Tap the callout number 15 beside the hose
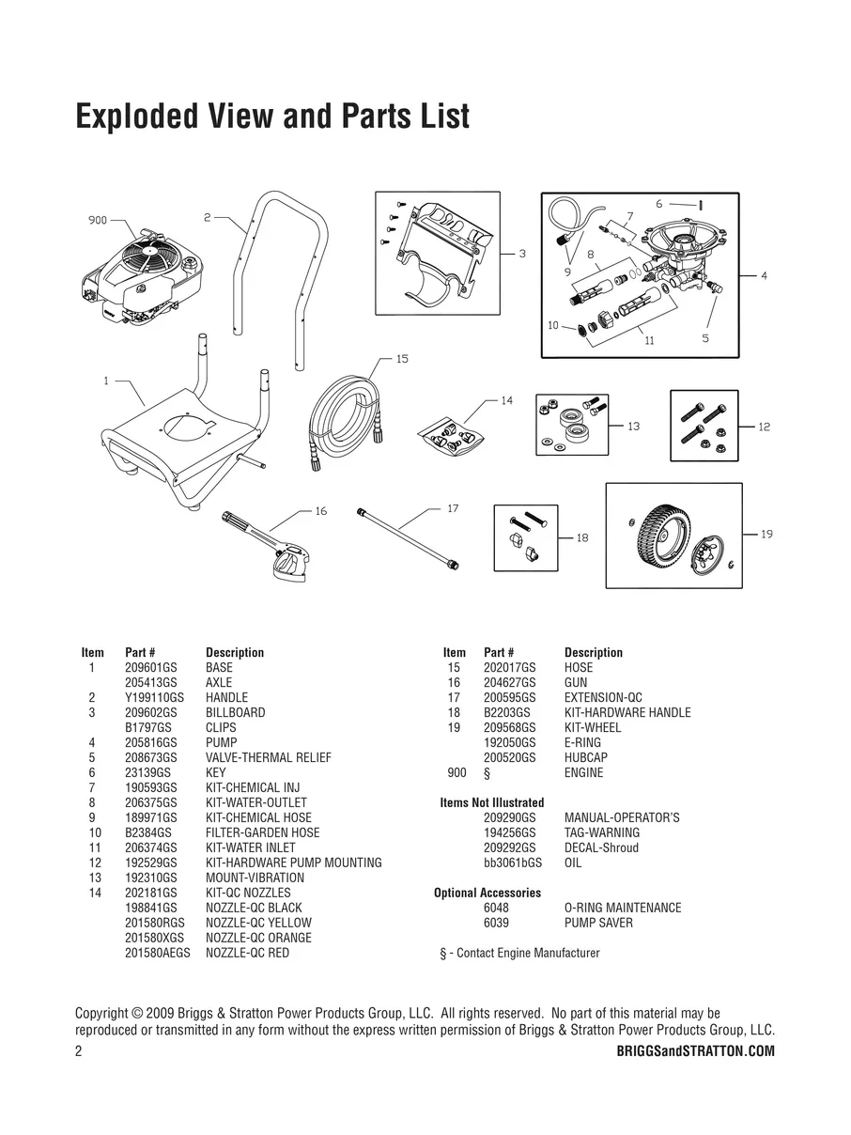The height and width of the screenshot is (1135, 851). (x=401, y=359)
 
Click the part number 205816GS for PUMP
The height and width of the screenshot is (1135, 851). (x=150, y=742)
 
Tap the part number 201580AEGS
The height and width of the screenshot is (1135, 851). (x=157, y=953)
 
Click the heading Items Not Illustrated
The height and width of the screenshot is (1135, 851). (x=491, y=802)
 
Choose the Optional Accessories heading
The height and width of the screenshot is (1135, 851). (x=487, y=893)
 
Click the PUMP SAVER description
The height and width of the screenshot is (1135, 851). (x=598, y=923)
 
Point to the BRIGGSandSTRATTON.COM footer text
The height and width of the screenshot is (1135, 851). (x=695, y=1051)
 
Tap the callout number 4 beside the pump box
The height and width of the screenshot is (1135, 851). (x=764, y=276)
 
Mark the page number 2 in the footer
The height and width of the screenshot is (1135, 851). (x=79, y=1051)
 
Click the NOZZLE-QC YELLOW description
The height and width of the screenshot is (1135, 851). (x=258, y=923)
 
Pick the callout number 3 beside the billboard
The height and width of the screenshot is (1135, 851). (x=522, y=254)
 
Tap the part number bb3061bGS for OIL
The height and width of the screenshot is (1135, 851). (x=513, y=863)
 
